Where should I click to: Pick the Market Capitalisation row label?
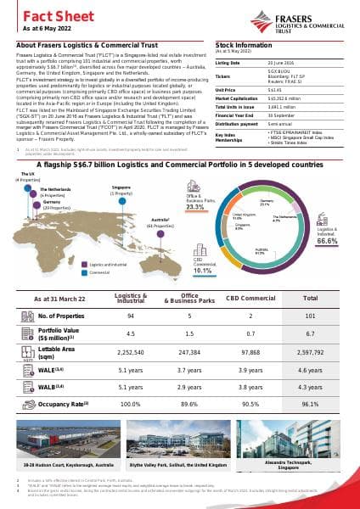coord(236,98)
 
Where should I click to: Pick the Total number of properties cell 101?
coord(311,315)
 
